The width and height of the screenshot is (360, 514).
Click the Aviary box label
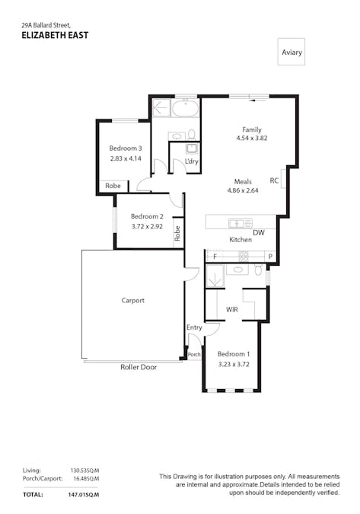[x=292, y=52]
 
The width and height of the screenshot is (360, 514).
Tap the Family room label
[x=252, y=129]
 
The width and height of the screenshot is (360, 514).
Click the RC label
[x=274, y=180]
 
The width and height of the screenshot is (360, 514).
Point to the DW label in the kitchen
[x=258, y=233]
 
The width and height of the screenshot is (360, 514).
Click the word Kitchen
[x=241, y=240]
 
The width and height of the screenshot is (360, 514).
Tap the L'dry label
[x=192, y=161]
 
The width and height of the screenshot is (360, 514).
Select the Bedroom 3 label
[x=126, y=148]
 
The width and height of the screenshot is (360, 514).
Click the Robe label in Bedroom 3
[x=113, y=186]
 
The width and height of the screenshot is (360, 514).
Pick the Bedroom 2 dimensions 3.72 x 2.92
[x=148, y=226]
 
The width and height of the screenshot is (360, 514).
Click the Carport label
[x=132, y=300]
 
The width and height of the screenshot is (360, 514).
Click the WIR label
[x=233, y=310]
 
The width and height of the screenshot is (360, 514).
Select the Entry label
[x=194, y=327]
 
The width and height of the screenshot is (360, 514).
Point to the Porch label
[x=194, y=354]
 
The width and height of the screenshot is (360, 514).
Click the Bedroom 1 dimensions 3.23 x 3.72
[x=233, y=365]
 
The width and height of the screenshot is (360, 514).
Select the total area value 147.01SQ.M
[x=84, y=494]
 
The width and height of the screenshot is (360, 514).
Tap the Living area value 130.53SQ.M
[x=85, y=471]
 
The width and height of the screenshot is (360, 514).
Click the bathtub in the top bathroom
[x=185, y=108]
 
